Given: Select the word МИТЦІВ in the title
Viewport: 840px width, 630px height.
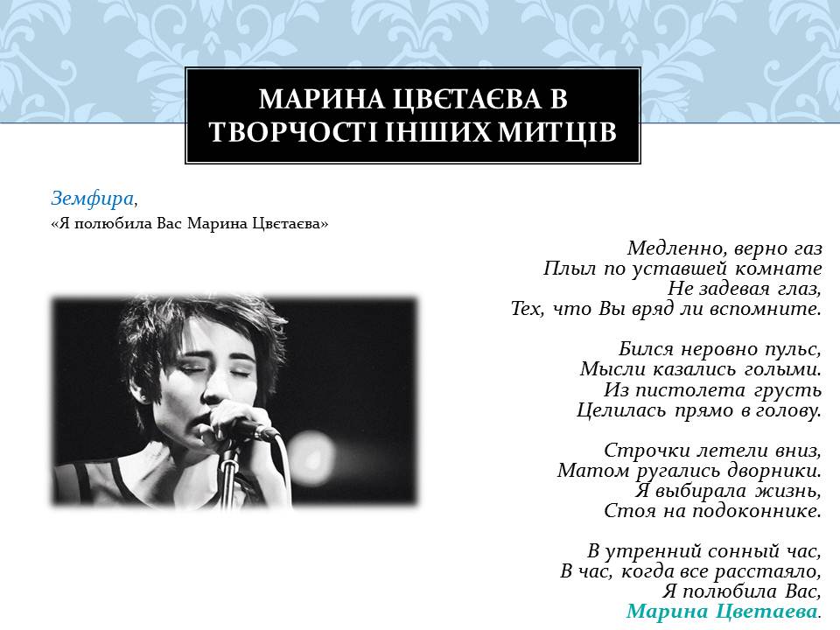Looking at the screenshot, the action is click(x=556, y=132).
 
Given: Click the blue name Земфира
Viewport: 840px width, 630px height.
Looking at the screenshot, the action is click(x=92, y=199).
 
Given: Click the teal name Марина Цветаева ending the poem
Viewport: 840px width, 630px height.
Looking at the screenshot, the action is click(x=722, y=611).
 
